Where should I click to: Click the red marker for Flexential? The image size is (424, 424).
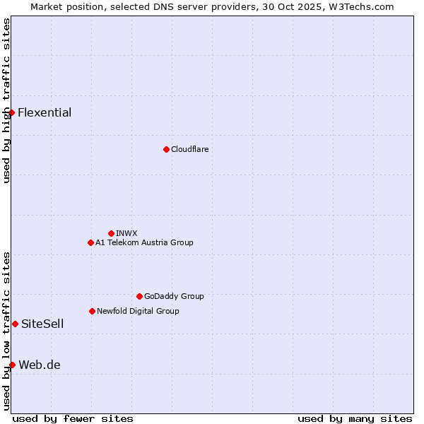click(11, 112)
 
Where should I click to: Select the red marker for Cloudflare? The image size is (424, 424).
click(166, 149)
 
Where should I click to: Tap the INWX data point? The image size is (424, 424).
click(111, 233)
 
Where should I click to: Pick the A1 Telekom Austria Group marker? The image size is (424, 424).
click(90, 242)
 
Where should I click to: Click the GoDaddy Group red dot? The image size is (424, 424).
click(139, 296)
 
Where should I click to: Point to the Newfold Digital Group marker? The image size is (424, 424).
click(92, 311)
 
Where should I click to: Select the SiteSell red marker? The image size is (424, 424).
click(15, 324)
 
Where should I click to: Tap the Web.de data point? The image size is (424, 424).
click(12, 365)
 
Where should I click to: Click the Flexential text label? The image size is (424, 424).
click(45, 112)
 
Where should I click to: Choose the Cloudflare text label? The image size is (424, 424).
click(190, 149)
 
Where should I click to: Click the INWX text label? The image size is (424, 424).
click(126, 233)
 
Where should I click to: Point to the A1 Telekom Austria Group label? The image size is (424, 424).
click(144, 242)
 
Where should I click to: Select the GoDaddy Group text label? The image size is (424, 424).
click(174, 296)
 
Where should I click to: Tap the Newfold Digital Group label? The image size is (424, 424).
click(138, 311)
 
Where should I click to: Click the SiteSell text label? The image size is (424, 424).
click(42, 324)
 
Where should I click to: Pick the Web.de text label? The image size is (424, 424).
click(40, 365)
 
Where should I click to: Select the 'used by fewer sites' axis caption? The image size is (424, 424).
click(73, 418)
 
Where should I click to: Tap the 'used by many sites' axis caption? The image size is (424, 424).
click(355, 418)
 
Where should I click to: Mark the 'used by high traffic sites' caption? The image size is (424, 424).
click(6, 100)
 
